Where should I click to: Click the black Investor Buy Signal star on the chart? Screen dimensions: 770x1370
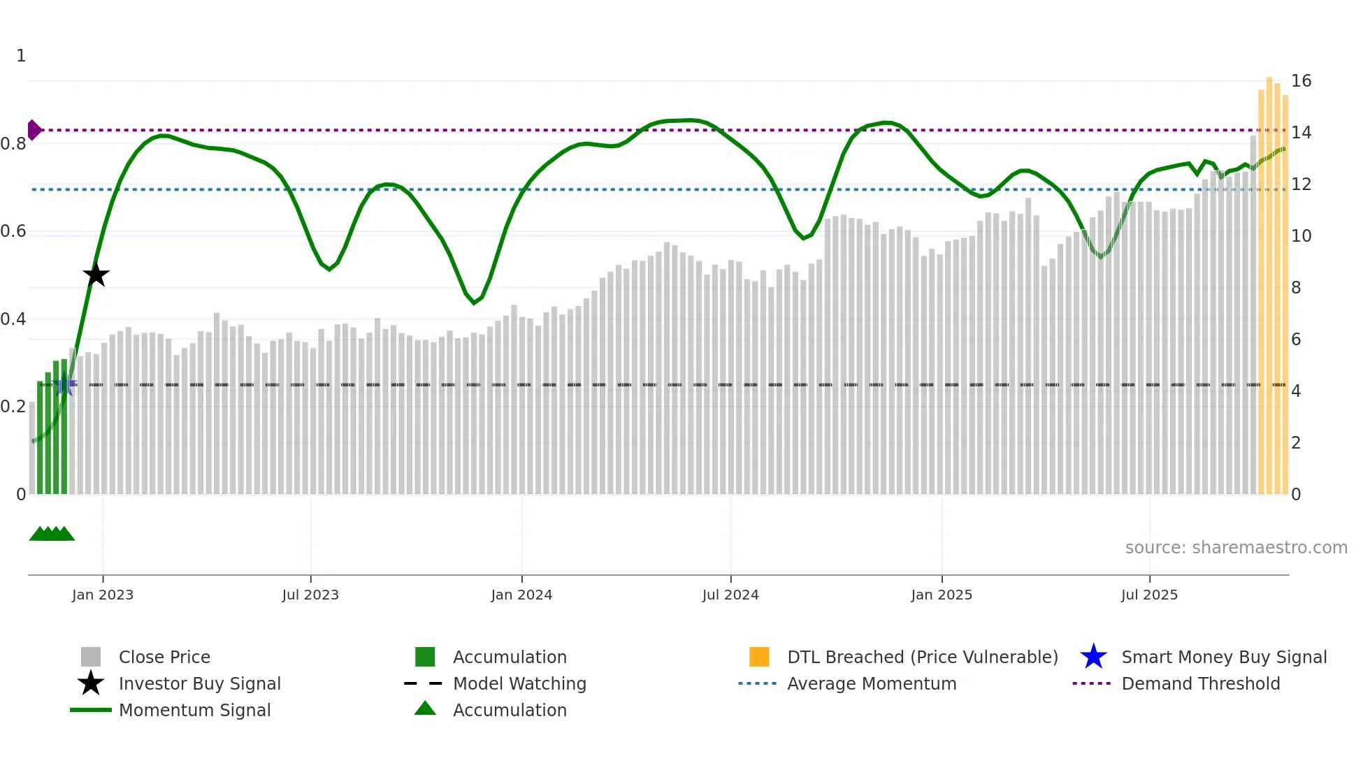pos(96,275)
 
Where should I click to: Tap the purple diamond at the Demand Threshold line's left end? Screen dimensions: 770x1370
pos(34,130)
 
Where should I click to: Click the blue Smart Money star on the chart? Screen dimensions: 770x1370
pos(65,384)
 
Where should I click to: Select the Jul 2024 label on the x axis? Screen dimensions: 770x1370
pos(730,595)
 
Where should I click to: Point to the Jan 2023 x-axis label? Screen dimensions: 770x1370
pos(103,595)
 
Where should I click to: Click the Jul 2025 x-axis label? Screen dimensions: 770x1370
pos(1149,595)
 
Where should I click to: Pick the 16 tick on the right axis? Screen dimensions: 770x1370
pos(1301,81)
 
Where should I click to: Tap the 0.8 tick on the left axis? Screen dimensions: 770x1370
pos(13,144)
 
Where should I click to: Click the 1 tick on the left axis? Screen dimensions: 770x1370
pos(21,56)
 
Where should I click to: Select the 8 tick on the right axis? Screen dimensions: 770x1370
pos(1296,288)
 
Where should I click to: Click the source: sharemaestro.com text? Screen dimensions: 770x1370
pos(1236,548)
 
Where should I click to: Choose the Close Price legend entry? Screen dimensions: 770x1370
pos(164,657)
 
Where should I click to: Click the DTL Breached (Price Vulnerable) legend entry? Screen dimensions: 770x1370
pos(922,657)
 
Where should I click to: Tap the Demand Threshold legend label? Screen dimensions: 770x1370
pos(1200,683)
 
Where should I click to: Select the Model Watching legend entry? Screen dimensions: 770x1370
pos(519,683)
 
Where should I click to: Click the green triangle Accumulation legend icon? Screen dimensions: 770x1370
pos(425,709)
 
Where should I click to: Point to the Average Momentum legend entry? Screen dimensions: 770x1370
pos(872,683)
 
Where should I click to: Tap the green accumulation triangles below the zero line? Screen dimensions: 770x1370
pos(52,534)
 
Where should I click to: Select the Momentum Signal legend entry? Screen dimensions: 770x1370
pos(194,710)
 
